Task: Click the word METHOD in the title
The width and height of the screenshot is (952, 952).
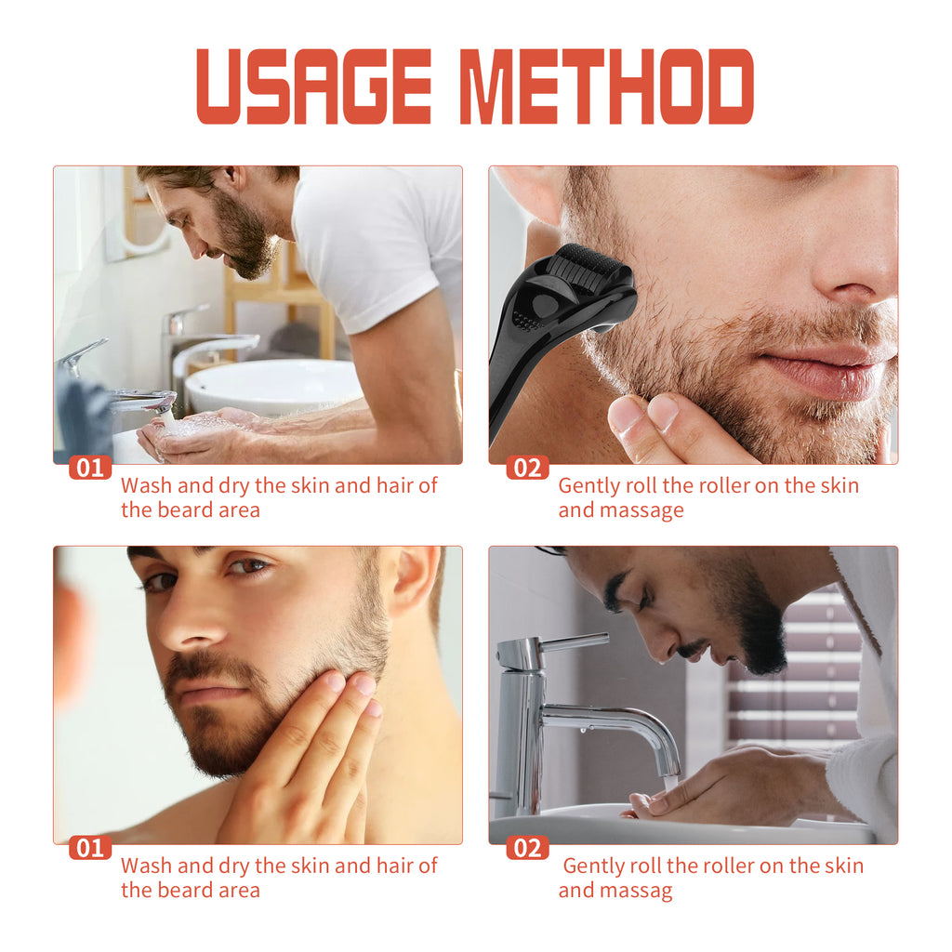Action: [x=606, y=86]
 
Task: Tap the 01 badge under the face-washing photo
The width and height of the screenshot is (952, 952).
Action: [x=90, y=468]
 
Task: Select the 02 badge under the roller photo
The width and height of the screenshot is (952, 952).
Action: [x=527, y=468]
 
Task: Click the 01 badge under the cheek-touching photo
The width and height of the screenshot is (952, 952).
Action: [x=90, y=848]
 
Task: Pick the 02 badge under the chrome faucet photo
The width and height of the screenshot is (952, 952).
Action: [x=527, y=848]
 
